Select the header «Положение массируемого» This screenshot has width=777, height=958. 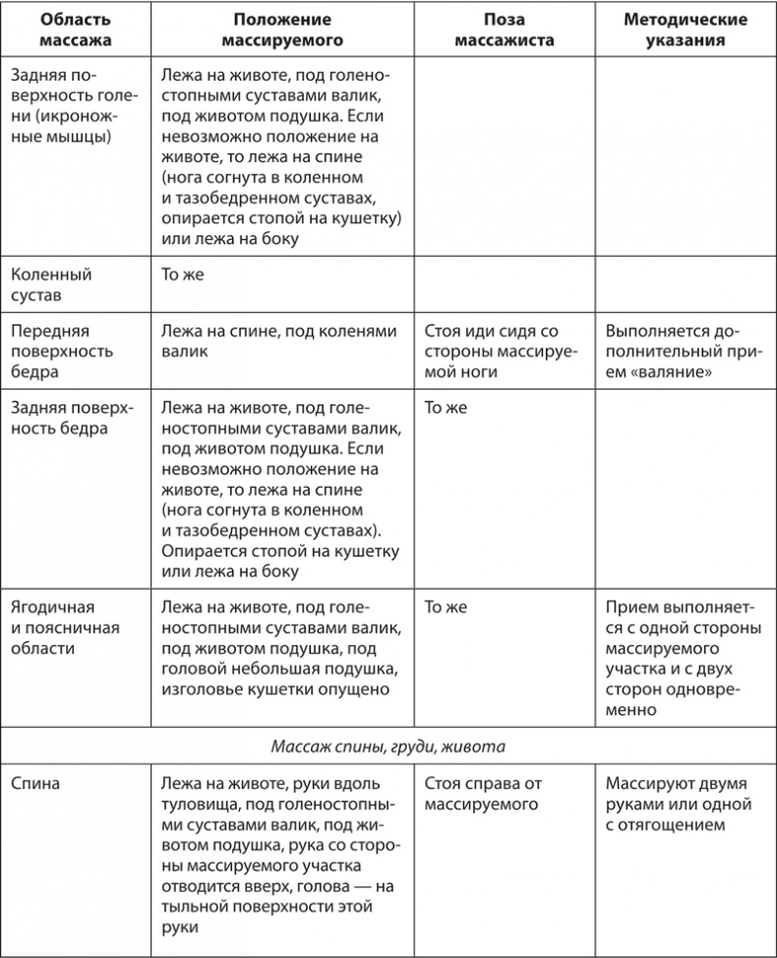[x=282, y=30]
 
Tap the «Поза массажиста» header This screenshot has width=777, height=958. [x=506, y=30]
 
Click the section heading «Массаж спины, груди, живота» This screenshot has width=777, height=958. [x=388, y=746]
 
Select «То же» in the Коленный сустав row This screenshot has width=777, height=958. [x=182, y=274]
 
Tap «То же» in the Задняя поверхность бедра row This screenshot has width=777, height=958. [x=446, y=406]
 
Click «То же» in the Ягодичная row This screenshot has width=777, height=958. [x=446, y=608]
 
